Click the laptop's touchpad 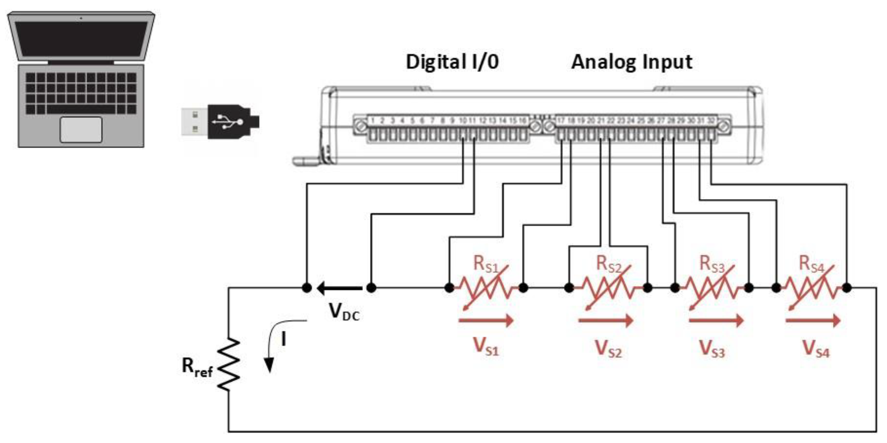click(81, 130)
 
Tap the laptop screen click(81, 39)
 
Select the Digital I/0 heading click(452, 62)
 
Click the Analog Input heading click(632, 62)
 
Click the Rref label click(197, 367)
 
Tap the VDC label click(344, 312)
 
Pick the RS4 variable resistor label click(811, 264)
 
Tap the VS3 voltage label click(712, 349)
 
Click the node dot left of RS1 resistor click(449, 288)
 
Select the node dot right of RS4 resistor click(847, 288)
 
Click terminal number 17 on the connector click(561, 121)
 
